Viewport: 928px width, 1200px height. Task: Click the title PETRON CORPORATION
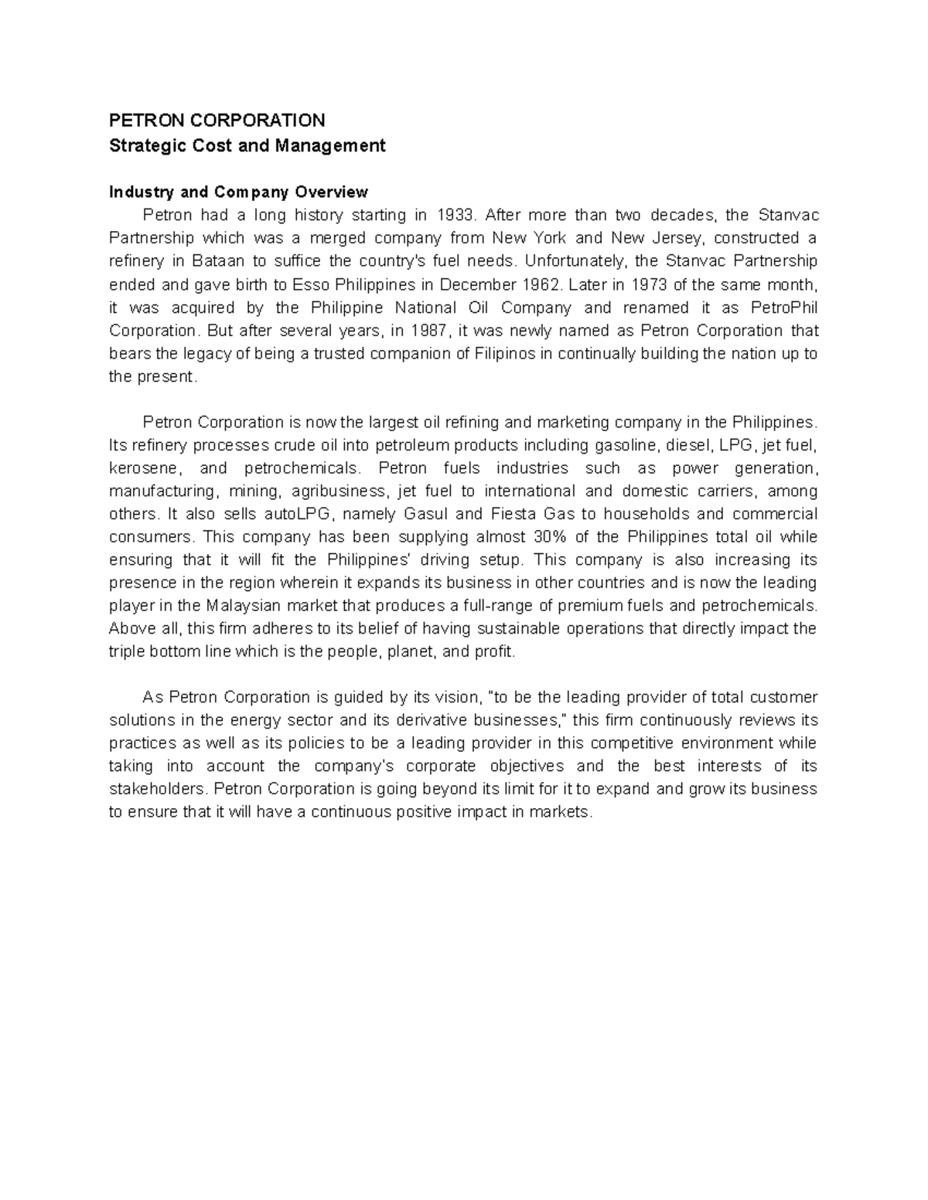(x=217, y=121)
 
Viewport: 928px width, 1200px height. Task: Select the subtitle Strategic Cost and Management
(x=247, y=145)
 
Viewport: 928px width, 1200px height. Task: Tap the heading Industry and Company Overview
(x=238, y=192)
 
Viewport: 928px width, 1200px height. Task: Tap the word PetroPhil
(x=784, y=308)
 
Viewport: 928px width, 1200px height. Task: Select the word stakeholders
(x=158, y=789)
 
